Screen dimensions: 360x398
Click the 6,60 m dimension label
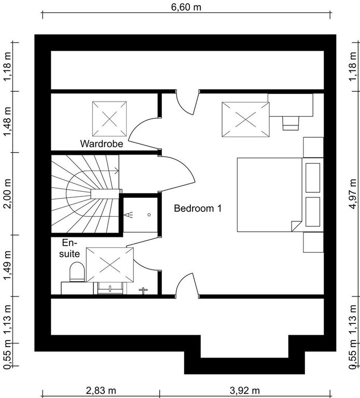186,7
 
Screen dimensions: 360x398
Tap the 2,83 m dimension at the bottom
101,390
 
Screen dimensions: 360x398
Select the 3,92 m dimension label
245,390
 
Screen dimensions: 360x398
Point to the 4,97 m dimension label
353,194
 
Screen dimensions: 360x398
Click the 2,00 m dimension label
7,194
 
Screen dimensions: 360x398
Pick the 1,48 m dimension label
7,122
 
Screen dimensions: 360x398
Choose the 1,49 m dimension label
7,265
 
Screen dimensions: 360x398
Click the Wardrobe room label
102,144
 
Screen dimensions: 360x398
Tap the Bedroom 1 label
198,208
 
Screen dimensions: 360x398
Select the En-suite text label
70,248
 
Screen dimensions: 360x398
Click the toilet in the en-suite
77,272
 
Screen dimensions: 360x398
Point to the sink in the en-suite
110,288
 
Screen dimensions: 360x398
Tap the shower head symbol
129,215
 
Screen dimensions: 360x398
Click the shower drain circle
149,215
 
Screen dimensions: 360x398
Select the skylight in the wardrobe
109,119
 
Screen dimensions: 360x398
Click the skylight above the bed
246,120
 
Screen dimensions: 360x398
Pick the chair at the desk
290,123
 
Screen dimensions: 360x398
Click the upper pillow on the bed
313,178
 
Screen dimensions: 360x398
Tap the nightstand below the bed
313,243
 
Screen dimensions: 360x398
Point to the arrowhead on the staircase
117,171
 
